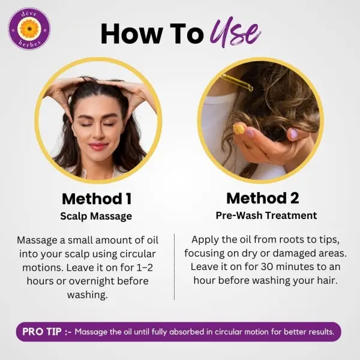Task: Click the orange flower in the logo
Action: (29, 29)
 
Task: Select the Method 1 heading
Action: (97, 199)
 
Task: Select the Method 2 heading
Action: (263, 198)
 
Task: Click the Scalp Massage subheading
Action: (96, 216)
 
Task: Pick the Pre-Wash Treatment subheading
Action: (266, 215)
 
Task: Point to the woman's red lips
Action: (98, 146)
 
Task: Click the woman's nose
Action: (98, 133)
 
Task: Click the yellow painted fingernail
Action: (239, 129)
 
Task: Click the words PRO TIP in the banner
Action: (42, 332)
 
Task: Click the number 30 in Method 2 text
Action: (266, 267)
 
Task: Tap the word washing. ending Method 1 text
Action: (88, 295)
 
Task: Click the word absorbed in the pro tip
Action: (187, 332)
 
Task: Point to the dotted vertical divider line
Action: (174, 267)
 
